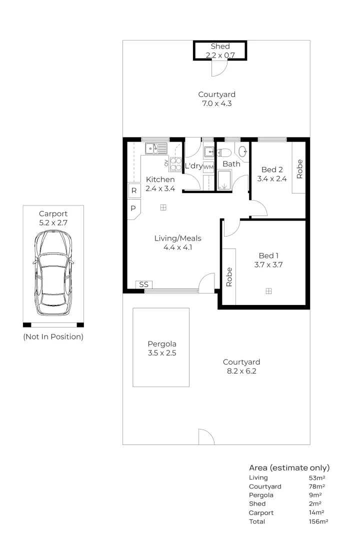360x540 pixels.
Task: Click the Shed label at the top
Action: pos(220,46)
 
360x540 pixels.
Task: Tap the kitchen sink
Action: pos(156,148)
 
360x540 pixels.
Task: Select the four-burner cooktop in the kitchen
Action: pos(176,163)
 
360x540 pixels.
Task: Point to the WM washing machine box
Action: pos(208,166)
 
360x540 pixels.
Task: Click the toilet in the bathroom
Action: pos(224,152)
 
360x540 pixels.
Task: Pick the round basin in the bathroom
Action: pos(243,150)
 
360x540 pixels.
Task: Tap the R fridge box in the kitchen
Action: pos(133,190)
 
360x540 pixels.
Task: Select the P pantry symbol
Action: pos(133,208)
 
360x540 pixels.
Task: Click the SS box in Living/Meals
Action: pos(144,284)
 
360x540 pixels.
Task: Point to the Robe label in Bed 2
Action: pos(299,168)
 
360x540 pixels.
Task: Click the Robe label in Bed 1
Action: pos(229,276)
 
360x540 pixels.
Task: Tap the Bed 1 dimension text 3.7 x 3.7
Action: pos(268,265)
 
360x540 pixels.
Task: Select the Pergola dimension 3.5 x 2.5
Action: pos(161,353)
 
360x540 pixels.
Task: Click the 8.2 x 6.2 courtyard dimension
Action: pos(241,371)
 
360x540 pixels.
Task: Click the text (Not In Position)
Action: pos(53,336)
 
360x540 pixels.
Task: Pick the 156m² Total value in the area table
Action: pos(318,521)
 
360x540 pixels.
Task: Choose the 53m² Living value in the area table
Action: pos(317,477)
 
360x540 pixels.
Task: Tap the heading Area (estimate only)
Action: pos(289,468)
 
